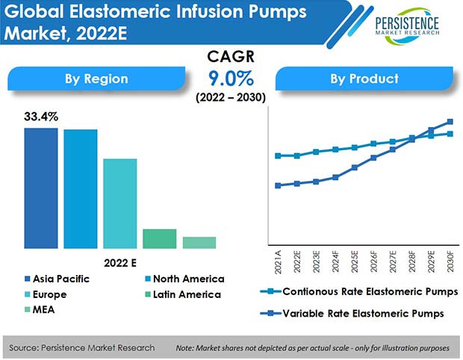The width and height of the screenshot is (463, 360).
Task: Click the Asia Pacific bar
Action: point(41,188)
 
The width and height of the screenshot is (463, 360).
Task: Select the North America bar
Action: point(81,189)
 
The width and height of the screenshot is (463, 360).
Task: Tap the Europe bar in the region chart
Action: point(120,204)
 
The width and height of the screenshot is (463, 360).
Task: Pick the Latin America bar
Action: point(160,238)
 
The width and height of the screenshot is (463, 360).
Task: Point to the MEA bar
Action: point(199,243)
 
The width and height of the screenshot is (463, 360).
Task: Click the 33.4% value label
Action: point(41,117)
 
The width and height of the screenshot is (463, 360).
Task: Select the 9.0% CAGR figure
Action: point(231,78)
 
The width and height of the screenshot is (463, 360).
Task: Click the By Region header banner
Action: point(96,78)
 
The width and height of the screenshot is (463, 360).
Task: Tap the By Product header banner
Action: point(364,78)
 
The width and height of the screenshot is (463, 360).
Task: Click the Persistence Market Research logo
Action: point(407,25)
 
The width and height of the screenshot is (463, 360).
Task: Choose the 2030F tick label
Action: point(450,261)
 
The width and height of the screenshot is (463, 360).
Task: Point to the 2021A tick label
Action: point(278,262)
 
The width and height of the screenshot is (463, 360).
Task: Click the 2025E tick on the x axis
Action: point(354,261)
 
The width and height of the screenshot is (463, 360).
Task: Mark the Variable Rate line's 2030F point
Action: point(450,122)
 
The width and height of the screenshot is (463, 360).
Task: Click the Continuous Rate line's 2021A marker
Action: point(278,155)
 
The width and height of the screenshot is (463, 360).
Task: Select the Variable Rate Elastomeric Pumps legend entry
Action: point(352,314)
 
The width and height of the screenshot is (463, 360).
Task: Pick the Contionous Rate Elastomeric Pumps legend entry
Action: point(359,292)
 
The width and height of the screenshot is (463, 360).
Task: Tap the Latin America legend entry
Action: point(183,294)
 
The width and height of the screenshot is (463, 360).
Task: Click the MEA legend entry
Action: point(40,310)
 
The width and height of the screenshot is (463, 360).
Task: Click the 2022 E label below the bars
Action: point(120,263)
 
